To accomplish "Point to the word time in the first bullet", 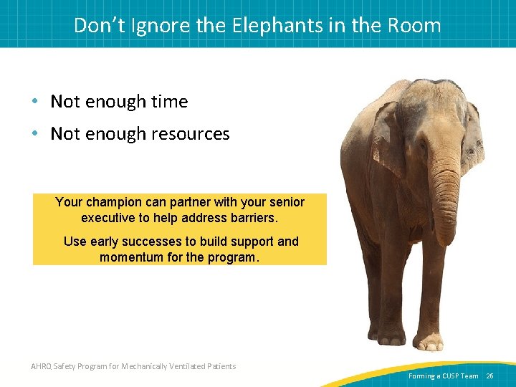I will [x=166, y=102].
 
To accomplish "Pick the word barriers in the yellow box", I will [x=253, y=218].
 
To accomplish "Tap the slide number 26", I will [x=489, y=376].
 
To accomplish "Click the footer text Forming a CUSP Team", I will [x=443, y=376].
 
